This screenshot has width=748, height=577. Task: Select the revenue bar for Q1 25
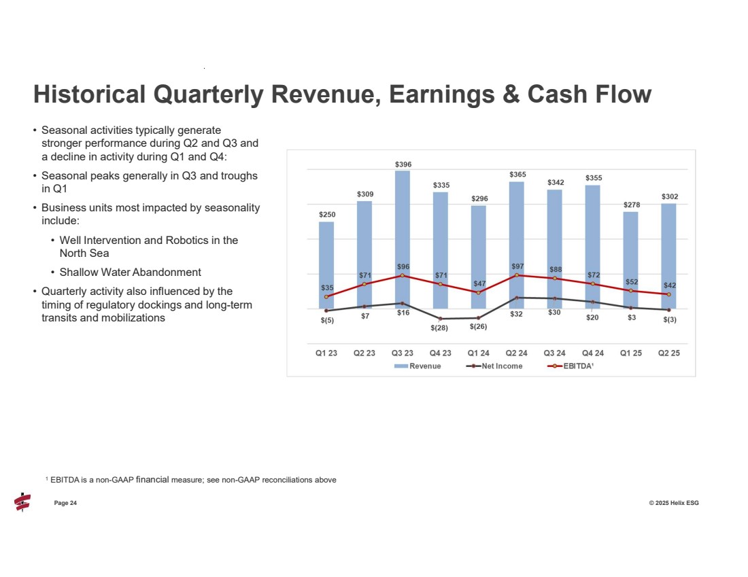click(631, 251)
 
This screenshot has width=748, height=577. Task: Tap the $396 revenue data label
click(403, 164)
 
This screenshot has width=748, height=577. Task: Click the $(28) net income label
click(439, 328)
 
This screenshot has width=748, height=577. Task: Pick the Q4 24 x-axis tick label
click(593, 353)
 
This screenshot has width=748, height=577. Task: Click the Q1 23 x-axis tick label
click(326, 353)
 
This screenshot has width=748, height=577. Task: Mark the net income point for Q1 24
click(479, 318)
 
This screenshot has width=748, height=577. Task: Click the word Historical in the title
click(89, 94)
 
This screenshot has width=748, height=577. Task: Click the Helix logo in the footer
click(22, 502)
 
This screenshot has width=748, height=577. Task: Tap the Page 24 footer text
click(65, 503)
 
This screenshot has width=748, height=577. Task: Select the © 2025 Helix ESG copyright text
click(673, 503)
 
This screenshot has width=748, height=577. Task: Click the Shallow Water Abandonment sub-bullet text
click(130, 272)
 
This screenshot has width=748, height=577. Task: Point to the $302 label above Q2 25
click(669, 196)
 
